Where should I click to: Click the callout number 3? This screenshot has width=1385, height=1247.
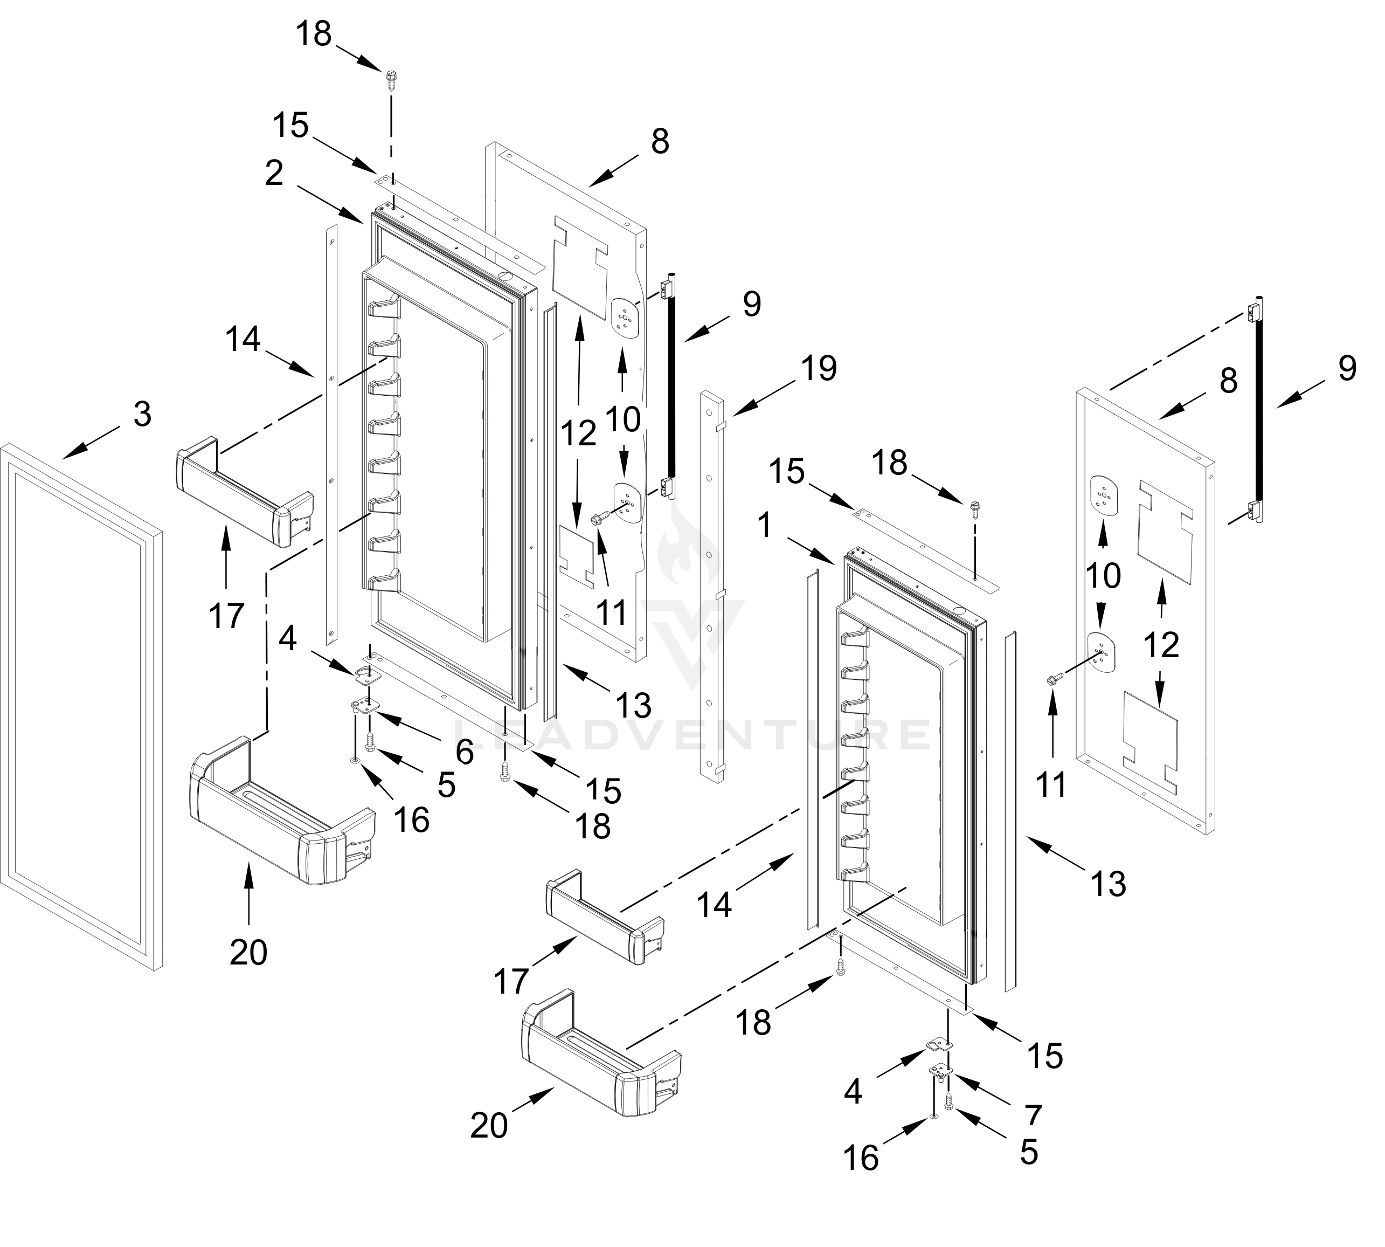(142, 415)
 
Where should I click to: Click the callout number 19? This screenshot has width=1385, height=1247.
(819, 369)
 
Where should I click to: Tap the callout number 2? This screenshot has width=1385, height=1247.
(274, 174)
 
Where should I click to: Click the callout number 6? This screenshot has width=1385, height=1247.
(465, 752)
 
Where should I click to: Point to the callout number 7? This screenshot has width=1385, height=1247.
(1033, 1115)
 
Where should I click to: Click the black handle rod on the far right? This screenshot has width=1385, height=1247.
(1259, 411)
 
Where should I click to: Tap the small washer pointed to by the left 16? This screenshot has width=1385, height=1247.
(354, 761)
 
